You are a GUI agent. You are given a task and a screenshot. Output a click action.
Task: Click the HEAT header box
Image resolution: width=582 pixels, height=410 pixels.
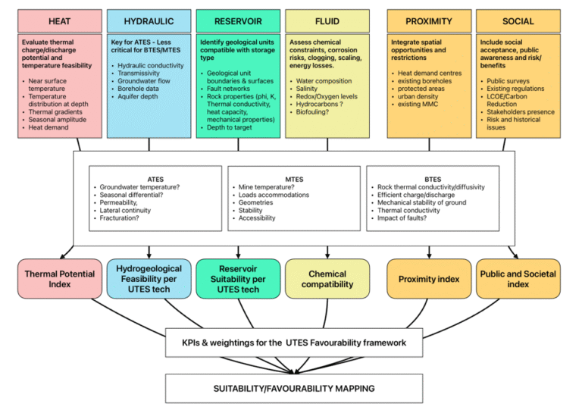tap(59, 21)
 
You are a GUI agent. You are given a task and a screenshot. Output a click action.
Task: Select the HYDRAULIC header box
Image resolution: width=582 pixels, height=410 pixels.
tap(149, 21)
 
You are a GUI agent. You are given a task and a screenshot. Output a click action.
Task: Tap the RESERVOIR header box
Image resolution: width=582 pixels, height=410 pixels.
tap(238, 21)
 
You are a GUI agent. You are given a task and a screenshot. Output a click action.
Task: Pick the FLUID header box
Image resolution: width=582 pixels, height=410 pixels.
tap(327, 21)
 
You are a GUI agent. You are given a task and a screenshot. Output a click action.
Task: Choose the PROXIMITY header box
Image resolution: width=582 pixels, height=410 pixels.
tap(429, 21)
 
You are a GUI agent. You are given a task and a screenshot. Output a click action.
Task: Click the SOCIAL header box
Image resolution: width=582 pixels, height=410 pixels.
tap(518, 21)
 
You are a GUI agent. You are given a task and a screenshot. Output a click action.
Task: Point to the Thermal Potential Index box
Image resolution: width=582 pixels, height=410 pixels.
tap(59, 279)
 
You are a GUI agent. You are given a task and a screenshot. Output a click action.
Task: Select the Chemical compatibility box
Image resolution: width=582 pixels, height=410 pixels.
tap(327, 279)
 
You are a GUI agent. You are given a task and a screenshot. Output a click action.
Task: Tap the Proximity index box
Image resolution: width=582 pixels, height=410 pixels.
tap(429, 279)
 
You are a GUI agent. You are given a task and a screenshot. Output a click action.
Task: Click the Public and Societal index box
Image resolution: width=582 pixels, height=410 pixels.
tap(518, 279)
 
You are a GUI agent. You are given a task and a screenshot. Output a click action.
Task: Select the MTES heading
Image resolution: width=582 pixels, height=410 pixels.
tap(294, 180)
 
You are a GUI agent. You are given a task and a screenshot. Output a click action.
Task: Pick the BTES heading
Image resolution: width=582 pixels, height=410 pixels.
tap(432, 180)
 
